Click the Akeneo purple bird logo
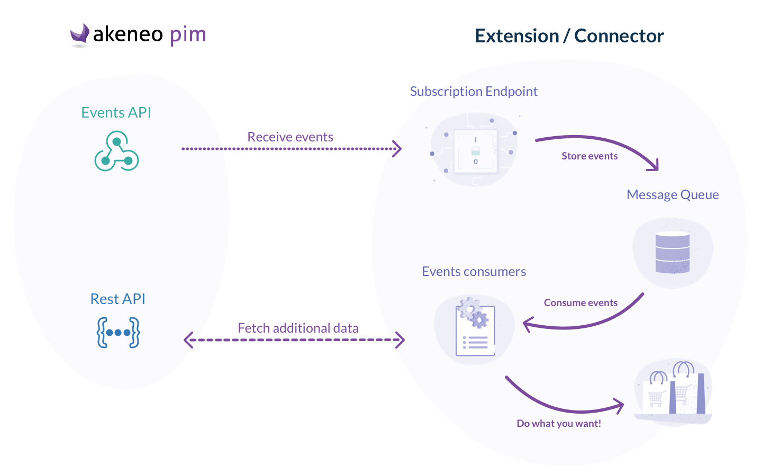coord(79,34)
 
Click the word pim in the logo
coord(188,35)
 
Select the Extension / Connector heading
coord(569,36)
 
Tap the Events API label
coord(116,113)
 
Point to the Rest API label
coord(117,299)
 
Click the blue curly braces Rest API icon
coord(118,333)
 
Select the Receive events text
coord(290,137)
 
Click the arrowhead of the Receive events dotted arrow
coord(397,149)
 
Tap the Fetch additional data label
coord(298,328)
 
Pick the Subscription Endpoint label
coord(474,92)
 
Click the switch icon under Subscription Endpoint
coord(475,150)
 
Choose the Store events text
coord(589,156)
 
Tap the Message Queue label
coord(673,195)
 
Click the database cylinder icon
coord(673,252)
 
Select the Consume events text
coord(580,303)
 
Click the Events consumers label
coord(474,272)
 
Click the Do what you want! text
coord(559,424)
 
